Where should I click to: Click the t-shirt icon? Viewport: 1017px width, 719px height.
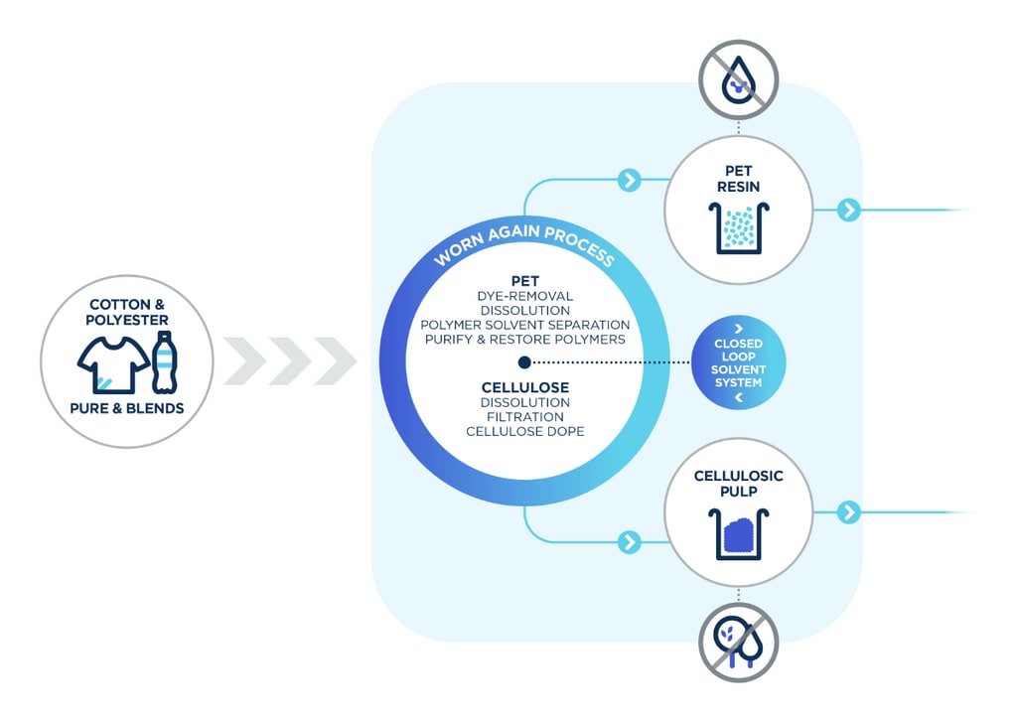(x=114, y=365)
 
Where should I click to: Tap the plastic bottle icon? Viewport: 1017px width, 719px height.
(x=165, y=362)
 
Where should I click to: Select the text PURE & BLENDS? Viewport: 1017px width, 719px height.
(x=127, y=408)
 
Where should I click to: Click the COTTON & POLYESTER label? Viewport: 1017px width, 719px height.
(x=127, y=312)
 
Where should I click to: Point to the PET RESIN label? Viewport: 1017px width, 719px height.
(x=738, y=179)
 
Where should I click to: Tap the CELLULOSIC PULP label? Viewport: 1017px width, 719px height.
(x=738, y=484)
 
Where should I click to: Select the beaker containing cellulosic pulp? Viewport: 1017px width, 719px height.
(x=738, y=534)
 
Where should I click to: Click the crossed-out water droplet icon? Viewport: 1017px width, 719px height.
(x=738, y=79)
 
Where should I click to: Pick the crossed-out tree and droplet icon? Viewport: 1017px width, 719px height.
(x=738, y=643)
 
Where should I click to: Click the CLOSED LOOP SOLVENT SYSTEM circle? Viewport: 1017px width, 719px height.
(x=738, y=362)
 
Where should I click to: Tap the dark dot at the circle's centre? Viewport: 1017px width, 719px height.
(x=524, y=362)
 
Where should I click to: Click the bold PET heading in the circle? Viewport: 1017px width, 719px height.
(x=524, y=281)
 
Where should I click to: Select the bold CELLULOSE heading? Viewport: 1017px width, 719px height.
(x=524, y=387)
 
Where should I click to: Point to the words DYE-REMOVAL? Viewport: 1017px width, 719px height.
(x=524, y=296)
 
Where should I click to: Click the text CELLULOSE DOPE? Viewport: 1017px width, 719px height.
(x=524, y=432)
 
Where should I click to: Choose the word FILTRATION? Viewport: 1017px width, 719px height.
(x=524, y=417)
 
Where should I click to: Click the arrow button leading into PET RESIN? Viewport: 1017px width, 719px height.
(x=629, y=180)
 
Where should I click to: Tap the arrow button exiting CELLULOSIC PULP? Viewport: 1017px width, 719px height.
(x=848, y=512)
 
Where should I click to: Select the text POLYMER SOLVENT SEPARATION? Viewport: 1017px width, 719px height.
(x=524, y=325)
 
